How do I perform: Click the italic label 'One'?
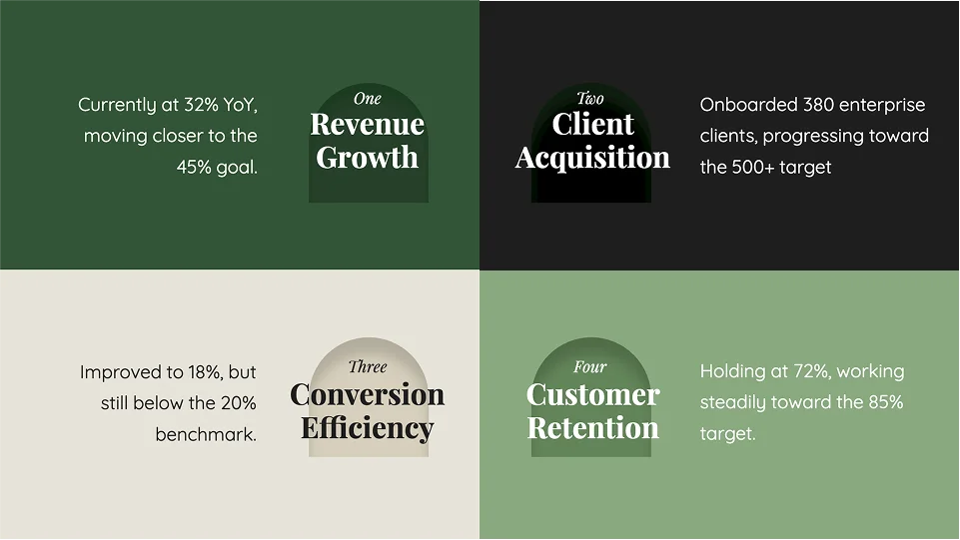(368, 99)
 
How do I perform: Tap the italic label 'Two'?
(590, 99)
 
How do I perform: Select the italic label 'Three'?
(368, 367)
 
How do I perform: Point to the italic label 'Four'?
(590, 367)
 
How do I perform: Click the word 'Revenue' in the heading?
(368, 125)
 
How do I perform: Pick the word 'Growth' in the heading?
(368, 158)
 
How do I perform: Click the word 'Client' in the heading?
(592, 124)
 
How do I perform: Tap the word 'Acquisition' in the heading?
(592, 158)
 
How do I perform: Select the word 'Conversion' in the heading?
(368, 394)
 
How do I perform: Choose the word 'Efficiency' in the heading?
(368, 428)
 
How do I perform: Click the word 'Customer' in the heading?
(592, 394)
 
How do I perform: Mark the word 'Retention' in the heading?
(592, 428)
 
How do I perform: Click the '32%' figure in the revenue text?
(201, 105)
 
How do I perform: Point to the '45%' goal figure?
(194, 167)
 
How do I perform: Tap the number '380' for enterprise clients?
(818, 105)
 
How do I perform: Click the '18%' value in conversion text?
(205, 372)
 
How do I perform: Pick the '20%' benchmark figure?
(238, 403)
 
